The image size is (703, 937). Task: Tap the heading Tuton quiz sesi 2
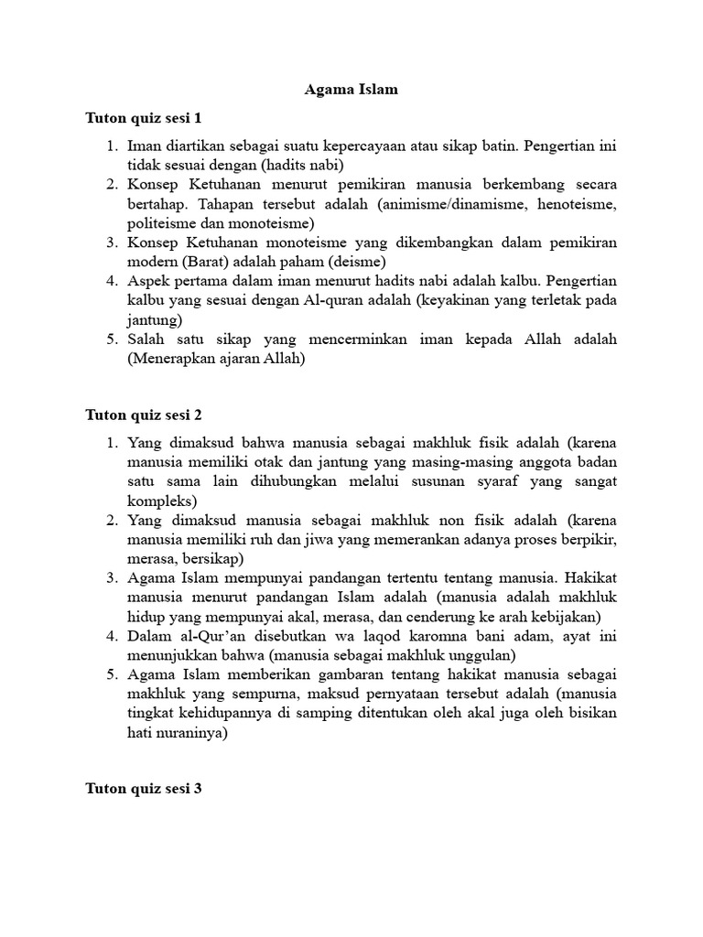(x=143, y=414)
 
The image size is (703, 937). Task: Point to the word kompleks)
(x=162, y=501)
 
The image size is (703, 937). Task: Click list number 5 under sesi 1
(x=112, y=339)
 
